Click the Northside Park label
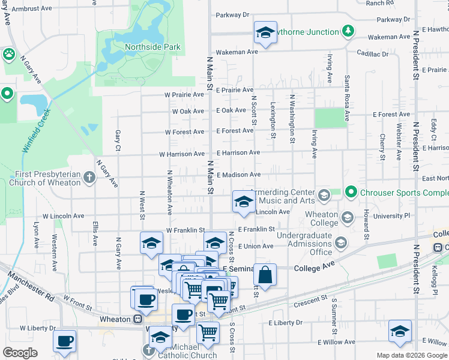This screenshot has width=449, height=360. [143, 47]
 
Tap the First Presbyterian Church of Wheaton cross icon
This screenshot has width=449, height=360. [89, 177]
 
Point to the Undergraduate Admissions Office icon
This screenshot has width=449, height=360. [341, 242]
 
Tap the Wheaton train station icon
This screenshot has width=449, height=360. [137, 319]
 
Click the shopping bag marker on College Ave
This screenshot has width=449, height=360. [265, 275]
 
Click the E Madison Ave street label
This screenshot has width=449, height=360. [238, 175]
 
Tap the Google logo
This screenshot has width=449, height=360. [20, 353]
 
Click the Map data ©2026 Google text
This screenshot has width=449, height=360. [411, 355]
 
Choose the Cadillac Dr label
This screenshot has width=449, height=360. [372, 54]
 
